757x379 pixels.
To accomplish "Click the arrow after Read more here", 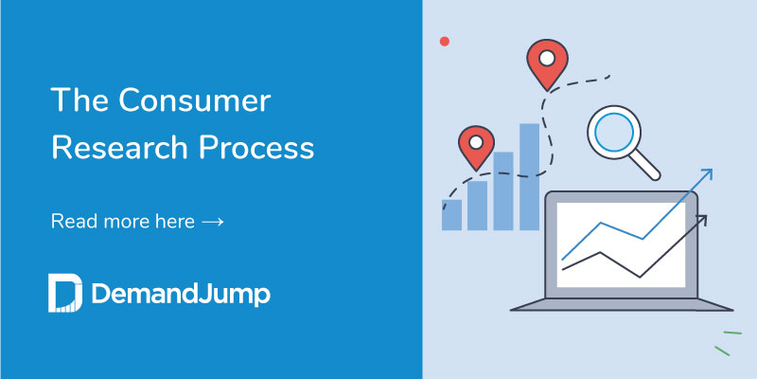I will [213, 222].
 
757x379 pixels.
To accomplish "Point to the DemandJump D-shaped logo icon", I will [65, 294].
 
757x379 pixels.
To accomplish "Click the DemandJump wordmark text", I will [181, 295].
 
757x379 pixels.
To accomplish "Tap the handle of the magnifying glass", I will [648, 167].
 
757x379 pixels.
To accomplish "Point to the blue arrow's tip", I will [710, 171].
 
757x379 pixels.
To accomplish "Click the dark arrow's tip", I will [703, 218].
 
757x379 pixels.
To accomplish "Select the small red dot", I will [445, 42].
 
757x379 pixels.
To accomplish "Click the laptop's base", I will [622, 305].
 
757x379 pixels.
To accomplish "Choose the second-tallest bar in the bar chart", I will [503, 190].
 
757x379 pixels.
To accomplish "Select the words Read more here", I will [122, 222].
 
